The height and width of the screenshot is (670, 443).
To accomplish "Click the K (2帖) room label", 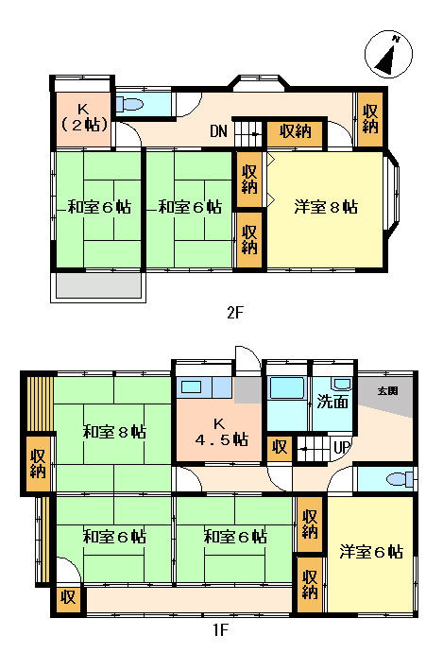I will click(x=83, y=115).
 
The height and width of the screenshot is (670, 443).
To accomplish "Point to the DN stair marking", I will click(x=218, y=131).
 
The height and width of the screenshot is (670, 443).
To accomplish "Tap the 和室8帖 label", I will click(x=113, y=432).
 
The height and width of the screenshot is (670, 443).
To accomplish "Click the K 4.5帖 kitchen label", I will click(x=218, y=431).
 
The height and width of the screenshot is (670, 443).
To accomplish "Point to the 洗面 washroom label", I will click(x=332, y=401).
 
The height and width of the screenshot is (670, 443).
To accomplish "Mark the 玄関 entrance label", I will click(x=387, y=390).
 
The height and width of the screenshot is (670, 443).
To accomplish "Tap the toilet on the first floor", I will click(x=400, y=478).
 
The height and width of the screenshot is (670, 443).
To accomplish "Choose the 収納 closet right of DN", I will click(x=290, y=131).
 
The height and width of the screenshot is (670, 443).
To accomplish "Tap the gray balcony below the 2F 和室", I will click(x=98, y=285).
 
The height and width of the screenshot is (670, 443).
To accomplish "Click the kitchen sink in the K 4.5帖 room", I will click(x=192, y=386).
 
